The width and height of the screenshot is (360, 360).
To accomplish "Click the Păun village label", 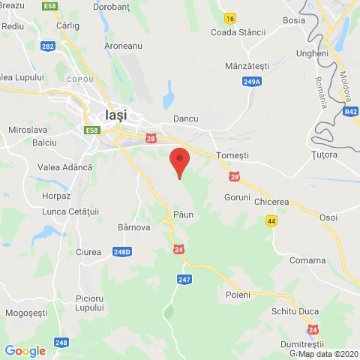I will coord(183,214).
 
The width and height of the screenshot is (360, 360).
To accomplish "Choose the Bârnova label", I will coord(135,226).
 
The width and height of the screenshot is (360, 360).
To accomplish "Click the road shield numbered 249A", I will coord(253,82).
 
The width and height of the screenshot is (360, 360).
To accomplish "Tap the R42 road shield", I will coord(350,112).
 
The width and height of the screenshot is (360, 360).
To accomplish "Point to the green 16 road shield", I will coord(229,18).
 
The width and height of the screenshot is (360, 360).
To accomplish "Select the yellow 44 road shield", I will coord(270,220).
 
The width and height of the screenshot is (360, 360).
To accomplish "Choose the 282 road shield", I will coord(48,46).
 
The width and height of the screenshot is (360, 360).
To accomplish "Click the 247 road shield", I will coord(185,280).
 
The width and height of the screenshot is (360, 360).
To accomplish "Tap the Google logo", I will coord(25,350).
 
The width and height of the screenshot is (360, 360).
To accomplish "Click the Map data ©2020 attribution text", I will coord(328,354).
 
